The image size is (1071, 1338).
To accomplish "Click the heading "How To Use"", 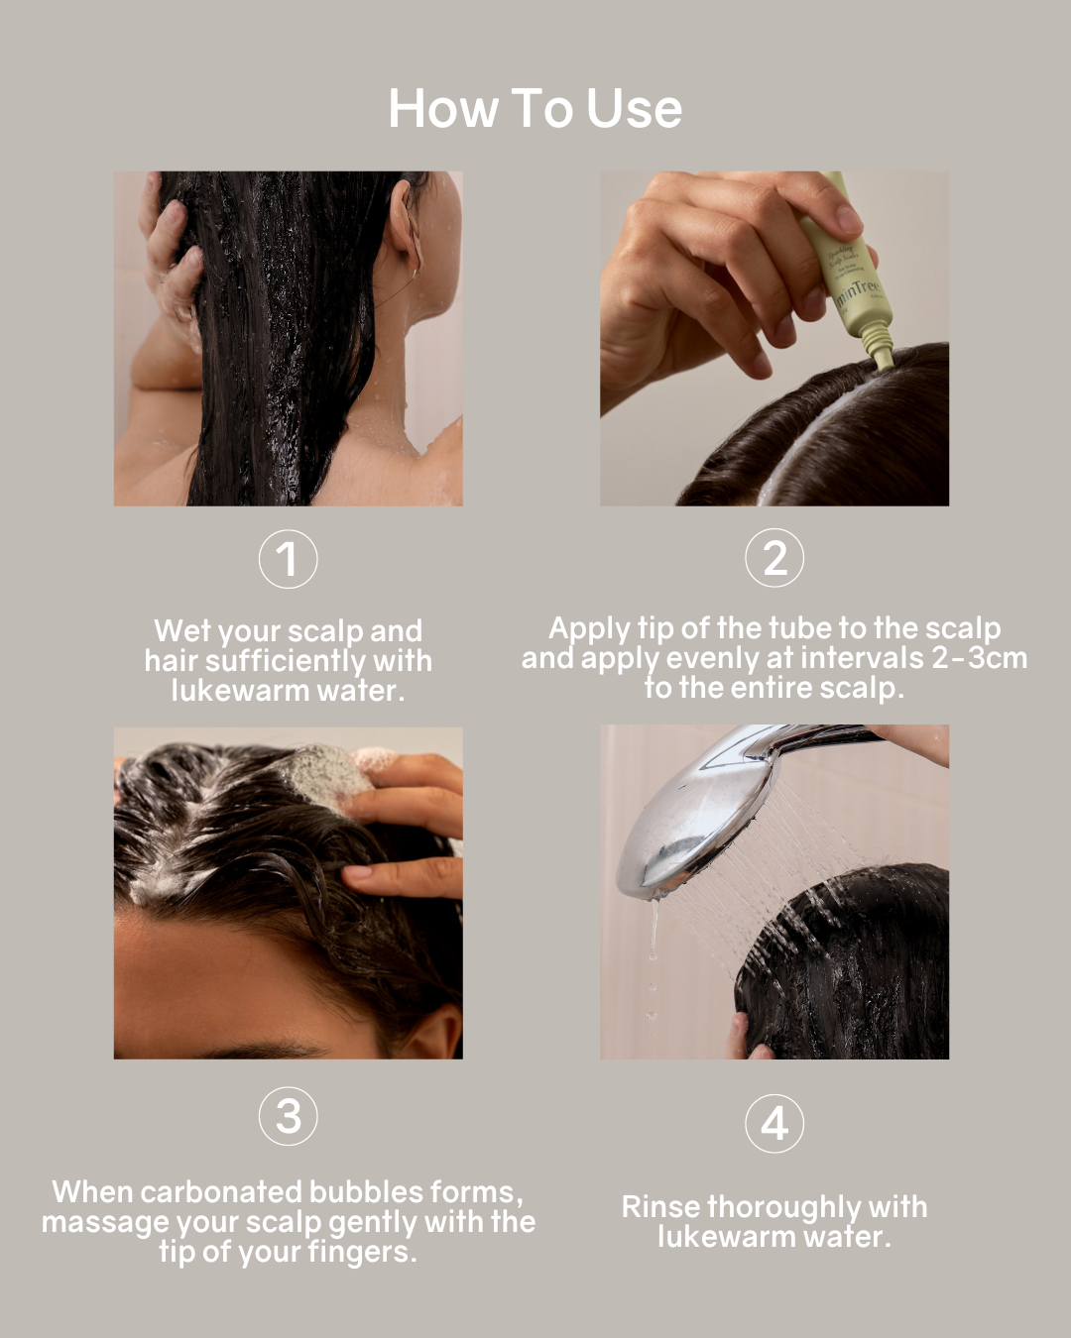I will [x=535, y=108].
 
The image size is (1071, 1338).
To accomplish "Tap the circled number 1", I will [x=288, y=559].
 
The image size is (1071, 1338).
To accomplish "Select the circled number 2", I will [x=774, y=558].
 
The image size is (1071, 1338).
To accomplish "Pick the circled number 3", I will [x=288, y=1116].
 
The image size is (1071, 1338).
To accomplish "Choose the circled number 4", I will [x=774, y=1124].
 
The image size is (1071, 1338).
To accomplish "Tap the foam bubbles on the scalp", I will [x=327, y=773].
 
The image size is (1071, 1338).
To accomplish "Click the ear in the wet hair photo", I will [x=407, y=238].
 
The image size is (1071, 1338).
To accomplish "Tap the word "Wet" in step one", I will [x=181, y=631].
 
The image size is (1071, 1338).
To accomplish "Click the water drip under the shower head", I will [x=653, y=942].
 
